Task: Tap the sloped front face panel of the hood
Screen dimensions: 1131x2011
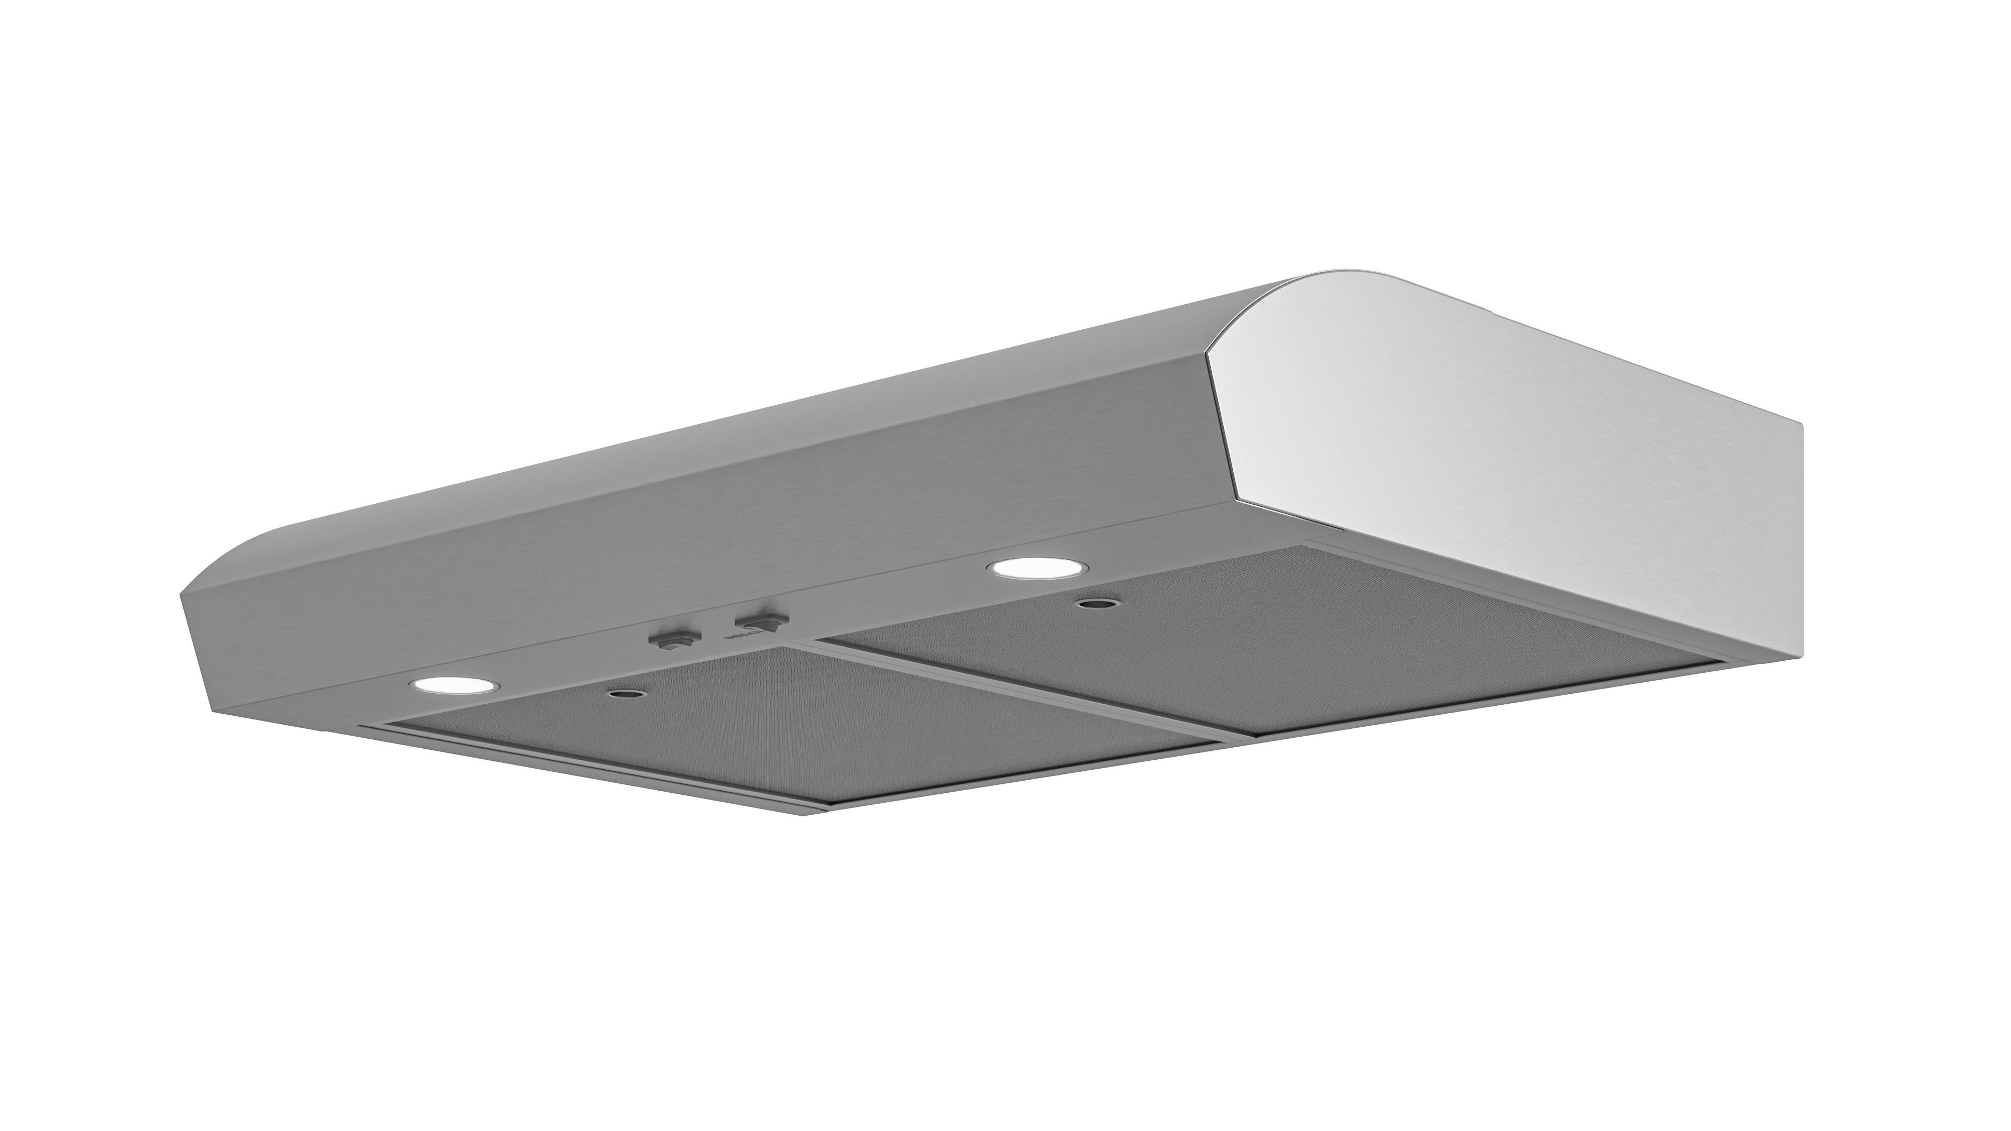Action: click(703, 539)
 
